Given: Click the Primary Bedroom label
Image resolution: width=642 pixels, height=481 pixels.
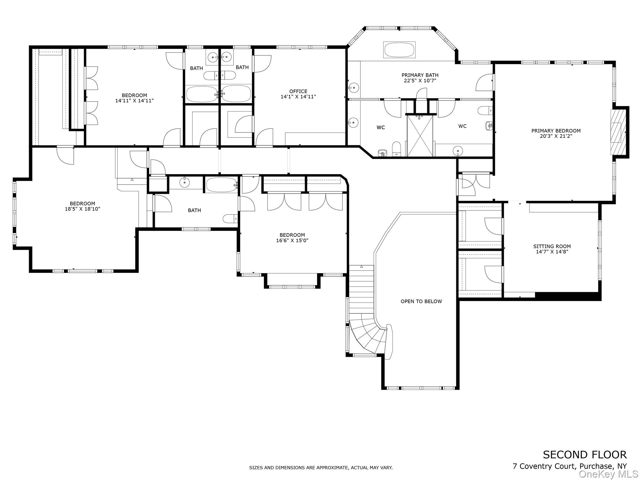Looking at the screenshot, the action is click(x=556, y=131).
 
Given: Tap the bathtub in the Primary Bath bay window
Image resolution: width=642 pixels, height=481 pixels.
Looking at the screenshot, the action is click(x=399, y=49).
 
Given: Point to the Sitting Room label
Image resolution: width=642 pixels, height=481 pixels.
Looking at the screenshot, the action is click(x=552, y=246).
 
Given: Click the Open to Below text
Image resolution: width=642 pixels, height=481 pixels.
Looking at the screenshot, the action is click(x=421, y=301).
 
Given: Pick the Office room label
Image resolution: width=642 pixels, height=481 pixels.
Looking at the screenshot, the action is click(x=298, y=91).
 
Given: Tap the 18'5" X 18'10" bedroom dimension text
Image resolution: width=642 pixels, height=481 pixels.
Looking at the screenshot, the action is click(x=82, y=209).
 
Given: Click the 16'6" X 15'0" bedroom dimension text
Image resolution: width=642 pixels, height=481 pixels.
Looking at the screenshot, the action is click(x=292, y=240).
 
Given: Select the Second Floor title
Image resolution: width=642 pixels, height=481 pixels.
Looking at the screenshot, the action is click(x=585, y=454).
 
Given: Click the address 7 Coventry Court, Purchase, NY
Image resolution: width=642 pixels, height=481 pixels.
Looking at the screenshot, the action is click(x=570, y=466).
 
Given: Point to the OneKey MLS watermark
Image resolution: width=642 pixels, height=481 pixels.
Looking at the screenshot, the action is click(x=608, y=474).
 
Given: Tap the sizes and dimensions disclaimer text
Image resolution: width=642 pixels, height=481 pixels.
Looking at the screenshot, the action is click(x=321, y=468).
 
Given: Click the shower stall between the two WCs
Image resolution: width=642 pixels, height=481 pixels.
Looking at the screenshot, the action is click(x=420, y=136).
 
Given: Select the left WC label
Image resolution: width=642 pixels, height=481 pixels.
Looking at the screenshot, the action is click(x=381, y=127).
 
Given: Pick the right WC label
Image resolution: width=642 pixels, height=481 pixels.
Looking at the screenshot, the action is click(x=462, y=126).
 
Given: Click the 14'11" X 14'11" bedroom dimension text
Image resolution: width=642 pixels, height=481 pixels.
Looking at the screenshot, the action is click(x=134, y=101).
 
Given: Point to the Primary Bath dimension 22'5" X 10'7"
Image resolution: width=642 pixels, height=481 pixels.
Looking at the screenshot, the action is click(x=420, y=80).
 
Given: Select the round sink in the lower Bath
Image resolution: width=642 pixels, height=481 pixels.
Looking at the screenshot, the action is click(x=184, y=182).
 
